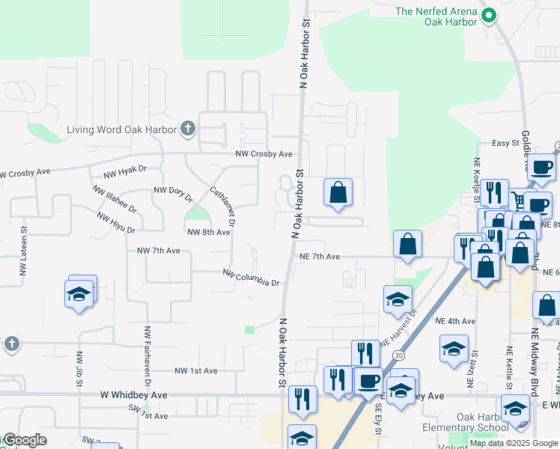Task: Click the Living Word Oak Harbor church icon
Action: pos(187,129)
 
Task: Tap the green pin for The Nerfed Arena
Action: pos(489,15)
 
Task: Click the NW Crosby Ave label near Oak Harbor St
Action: pos(264,154)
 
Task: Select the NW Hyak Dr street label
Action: pos(125,172)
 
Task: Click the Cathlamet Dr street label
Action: pos(223,206)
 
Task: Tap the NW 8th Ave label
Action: pos(208,233)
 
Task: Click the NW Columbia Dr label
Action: pos(251,278)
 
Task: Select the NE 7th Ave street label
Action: pos(320,257)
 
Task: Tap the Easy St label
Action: pos(506,143)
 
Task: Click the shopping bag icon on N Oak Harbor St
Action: pos(338,192)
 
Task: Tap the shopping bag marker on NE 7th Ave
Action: pos(407,244)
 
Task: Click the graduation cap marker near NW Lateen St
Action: pos(79,293)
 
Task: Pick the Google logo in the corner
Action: pos(25,441)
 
